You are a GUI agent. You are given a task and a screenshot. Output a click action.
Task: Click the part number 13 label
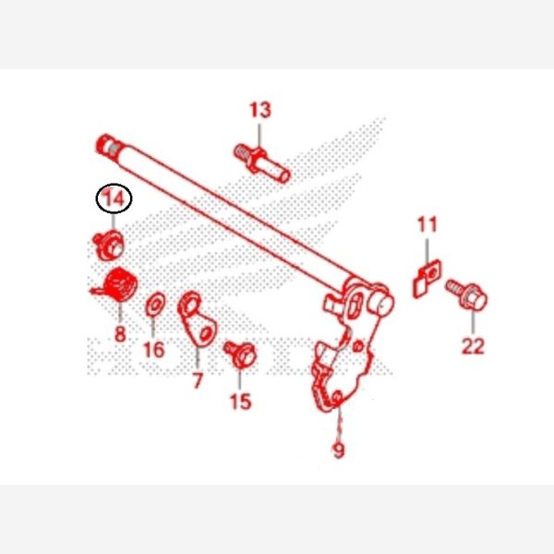click(260, 111)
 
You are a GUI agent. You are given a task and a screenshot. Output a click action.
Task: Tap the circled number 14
click(114, 198)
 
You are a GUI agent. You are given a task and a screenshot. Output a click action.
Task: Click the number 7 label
click(198, 380)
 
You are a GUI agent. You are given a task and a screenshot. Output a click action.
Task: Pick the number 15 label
click(240, 401)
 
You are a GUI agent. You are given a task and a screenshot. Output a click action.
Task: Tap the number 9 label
click(339, 451)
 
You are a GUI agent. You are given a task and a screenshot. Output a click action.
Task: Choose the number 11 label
click(427, 224)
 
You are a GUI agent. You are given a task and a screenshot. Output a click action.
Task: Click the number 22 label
click(472, 346)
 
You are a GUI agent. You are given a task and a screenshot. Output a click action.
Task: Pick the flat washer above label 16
click(155, 303)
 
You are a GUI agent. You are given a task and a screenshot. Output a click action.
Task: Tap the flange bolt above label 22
click(470, 295)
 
